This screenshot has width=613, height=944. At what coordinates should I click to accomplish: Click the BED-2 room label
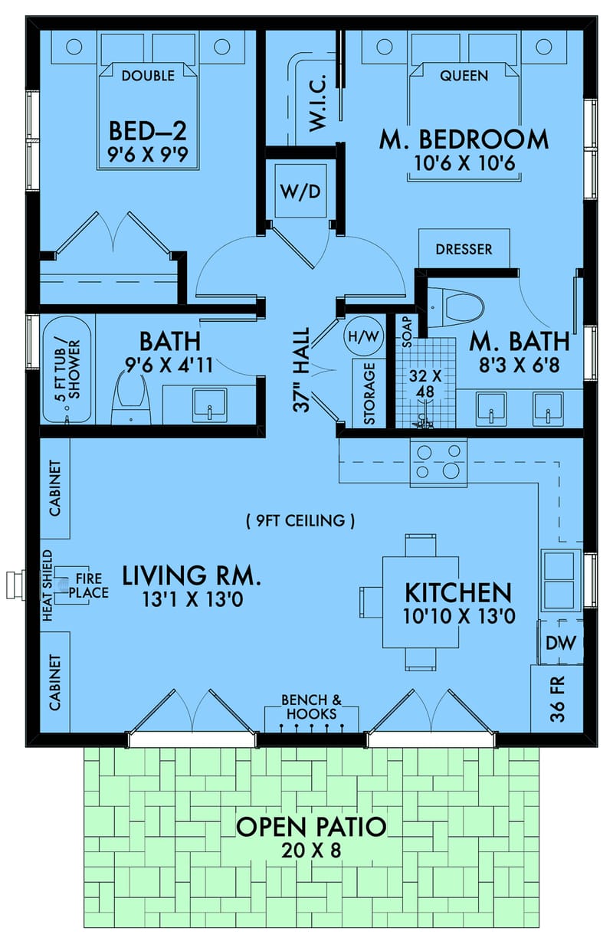coord(148,128)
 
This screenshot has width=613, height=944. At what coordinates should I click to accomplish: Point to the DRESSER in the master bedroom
coord(464,249)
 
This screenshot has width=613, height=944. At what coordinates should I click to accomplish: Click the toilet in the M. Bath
coord(457,308)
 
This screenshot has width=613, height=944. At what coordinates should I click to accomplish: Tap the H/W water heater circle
coord(363,336)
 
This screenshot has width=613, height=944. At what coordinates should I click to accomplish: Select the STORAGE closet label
coord(369,394)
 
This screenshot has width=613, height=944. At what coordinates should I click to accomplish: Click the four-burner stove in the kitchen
coord(438,462)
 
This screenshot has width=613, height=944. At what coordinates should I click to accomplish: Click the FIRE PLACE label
coord(90,587)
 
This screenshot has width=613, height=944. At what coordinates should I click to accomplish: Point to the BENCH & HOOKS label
coord(310,706)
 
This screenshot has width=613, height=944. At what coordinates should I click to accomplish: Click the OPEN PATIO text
coord(310,827)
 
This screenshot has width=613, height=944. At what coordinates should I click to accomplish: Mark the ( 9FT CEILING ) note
coord(300,521)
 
